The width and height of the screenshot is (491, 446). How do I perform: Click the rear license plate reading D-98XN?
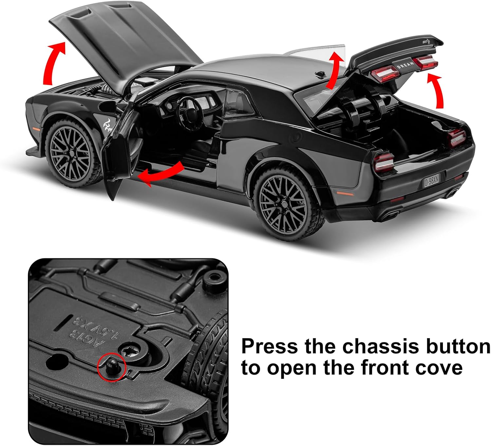tap(431, 180)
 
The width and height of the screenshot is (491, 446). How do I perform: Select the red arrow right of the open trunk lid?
tap(437, 90)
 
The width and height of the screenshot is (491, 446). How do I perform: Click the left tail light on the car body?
tap(384, 162)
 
